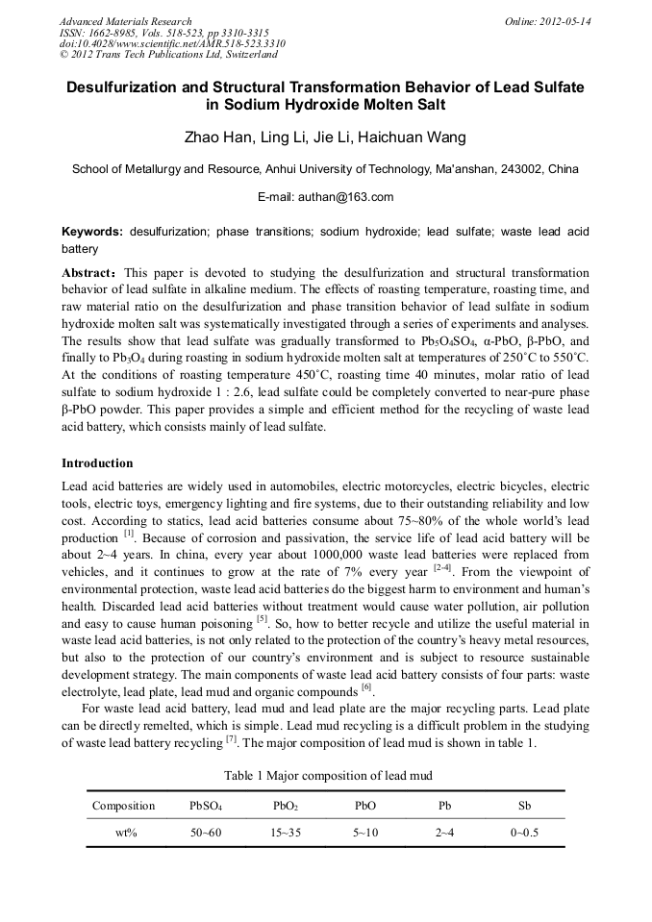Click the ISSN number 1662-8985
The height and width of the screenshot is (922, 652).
coord(109,33)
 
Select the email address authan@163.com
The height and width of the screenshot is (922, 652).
coord(326,197)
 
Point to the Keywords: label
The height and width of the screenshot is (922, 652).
coord(92,232)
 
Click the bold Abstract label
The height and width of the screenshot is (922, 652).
coord(89,272)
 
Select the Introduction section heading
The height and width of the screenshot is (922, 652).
coord(97,462)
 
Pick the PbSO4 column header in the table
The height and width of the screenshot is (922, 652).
coord(206,806)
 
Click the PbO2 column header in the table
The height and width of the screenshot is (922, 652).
coord(285,806)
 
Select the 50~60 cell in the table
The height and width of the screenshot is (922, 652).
coord(206,833)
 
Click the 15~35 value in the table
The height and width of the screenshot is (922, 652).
coord(285,833)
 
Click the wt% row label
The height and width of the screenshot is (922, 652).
coord(123,833)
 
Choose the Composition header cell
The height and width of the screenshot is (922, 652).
coord(123,806)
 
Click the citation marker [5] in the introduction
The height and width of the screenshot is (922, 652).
coord(261,617)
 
